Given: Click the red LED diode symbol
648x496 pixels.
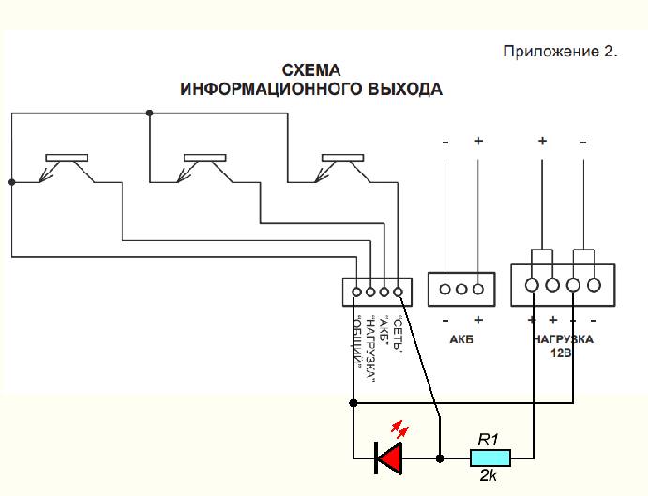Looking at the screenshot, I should click(388, 458).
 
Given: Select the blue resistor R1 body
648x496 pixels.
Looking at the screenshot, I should click(490, 458).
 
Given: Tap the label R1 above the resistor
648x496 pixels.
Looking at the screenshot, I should click(488, 438).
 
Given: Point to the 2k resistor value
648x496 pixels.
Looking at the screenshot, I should click(489, 476).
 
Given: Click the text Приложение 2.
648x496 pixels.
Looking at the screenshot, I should click(561, 52).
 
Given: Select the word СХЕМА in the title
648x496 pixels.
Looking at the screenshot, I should click(311, 71).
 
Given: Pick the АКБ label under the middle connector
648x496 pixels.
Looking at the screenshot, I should click(460, 338).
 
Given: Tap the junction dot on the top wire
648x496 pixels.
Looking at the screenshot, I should click(149, 113).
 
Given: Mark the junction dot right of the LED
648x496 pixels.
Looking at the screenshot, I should click(440, 458).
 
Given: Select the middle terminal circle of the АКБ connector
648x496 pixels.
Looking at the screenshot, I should click(460, 289).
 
